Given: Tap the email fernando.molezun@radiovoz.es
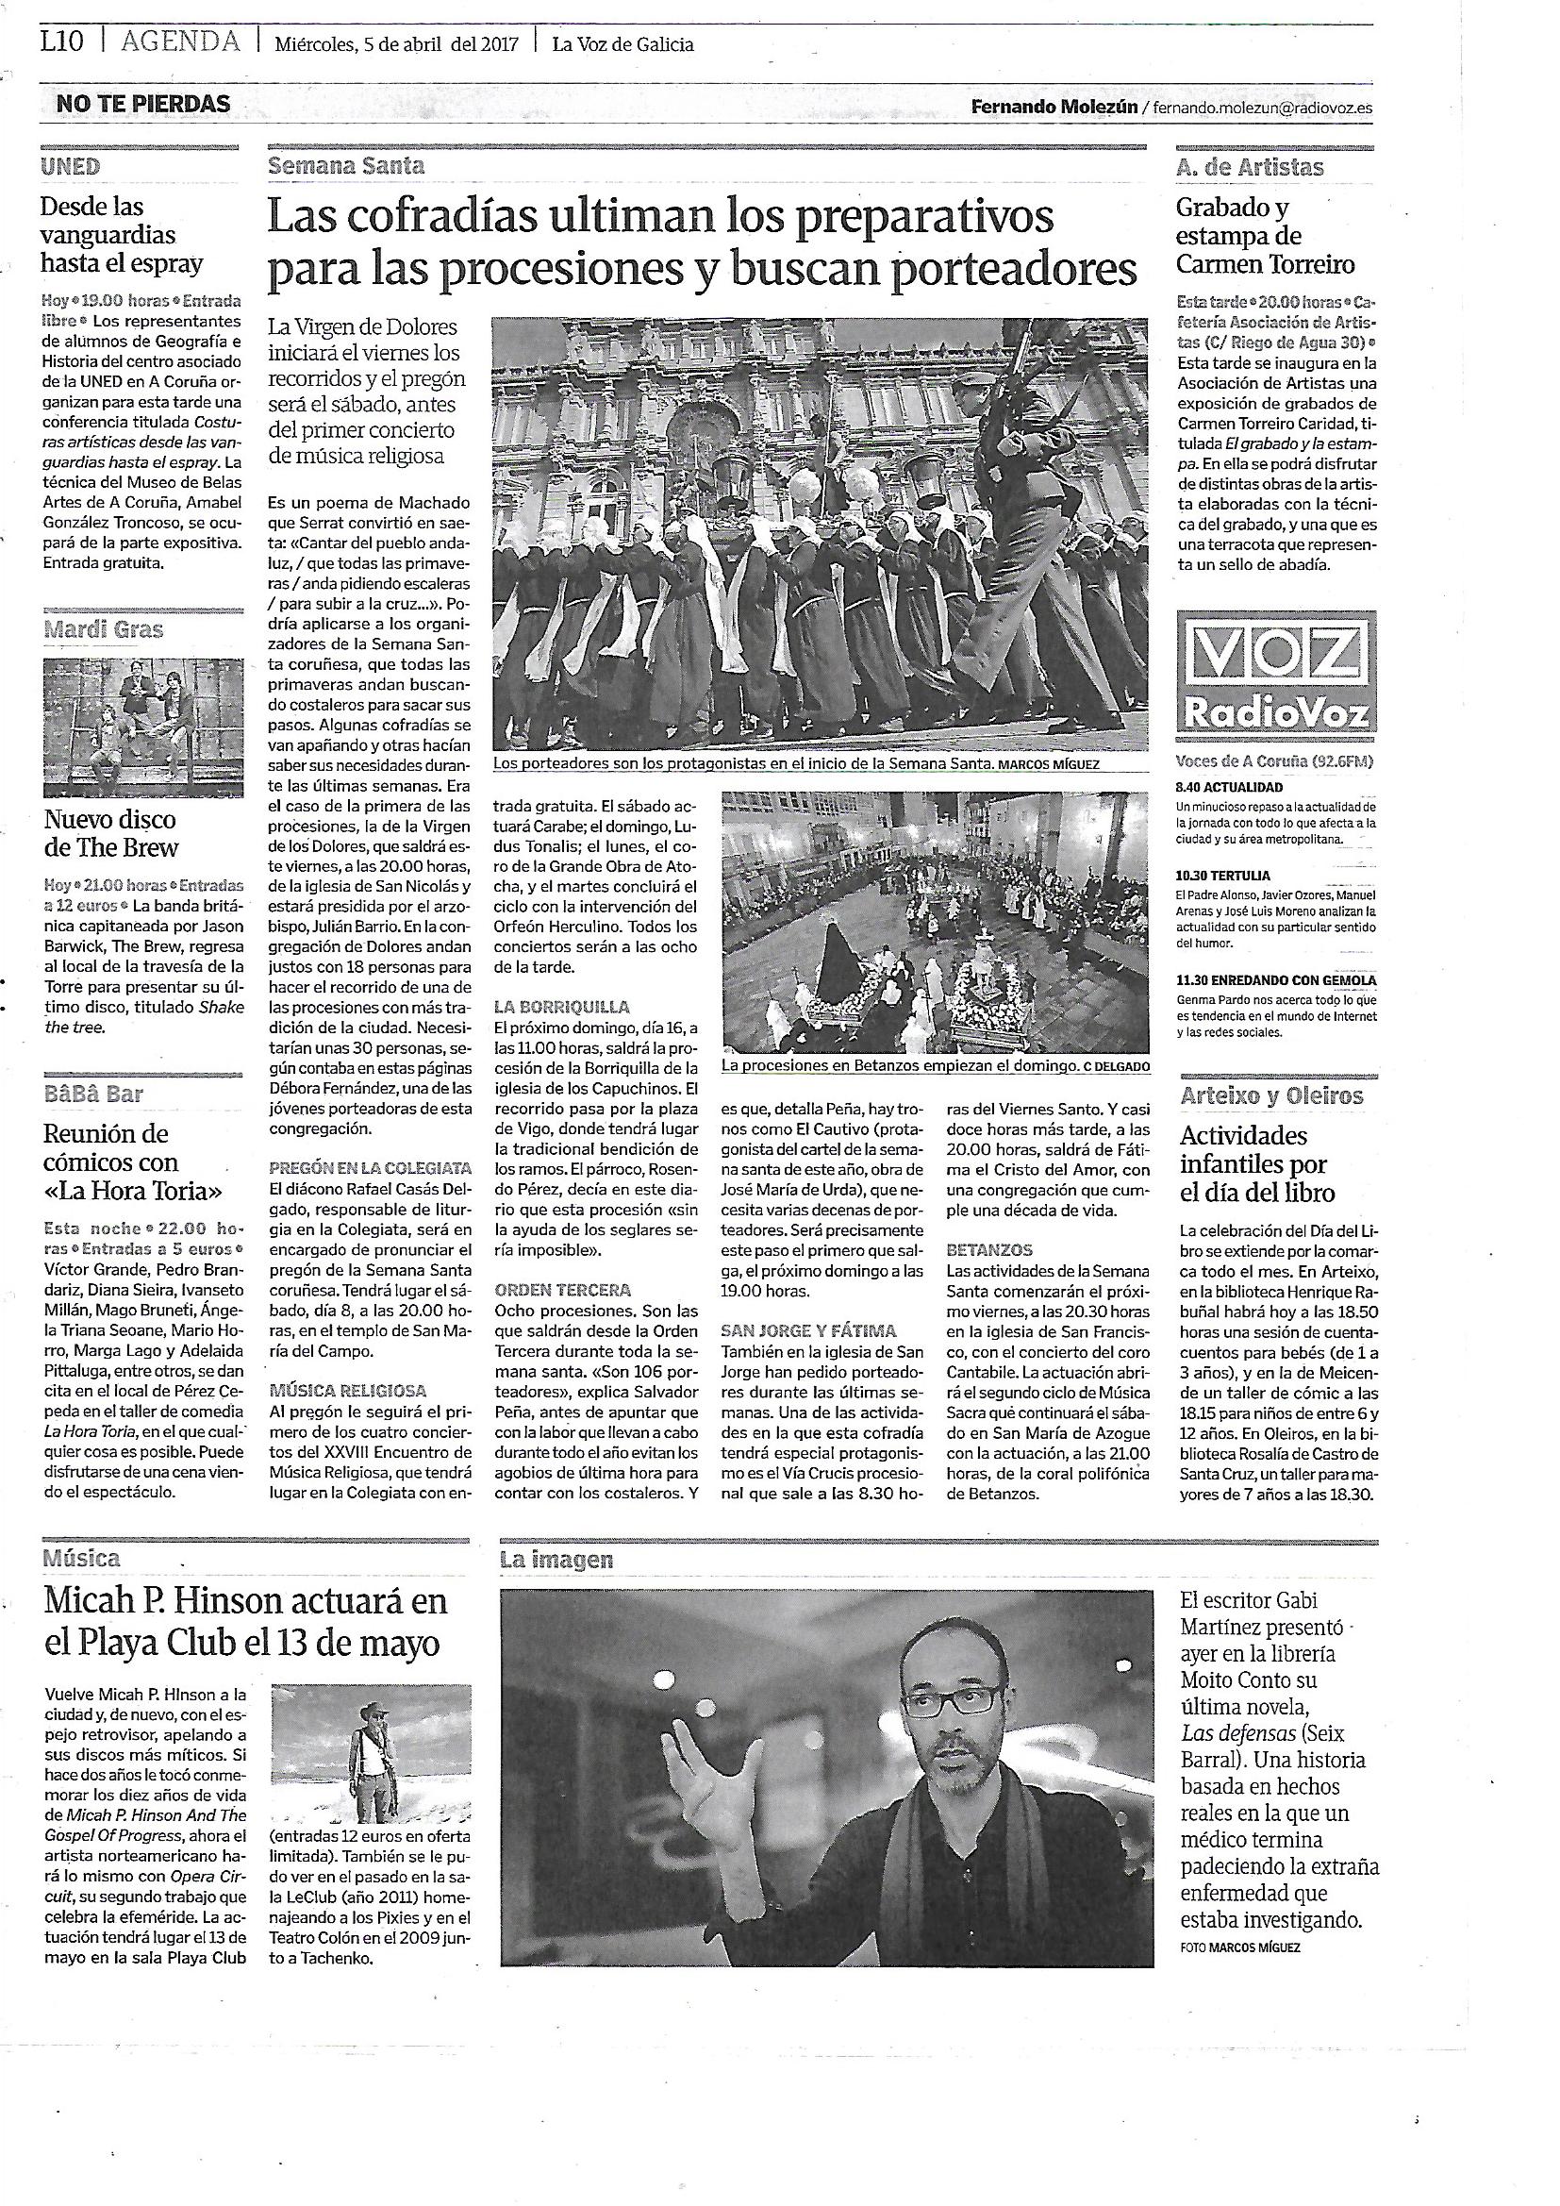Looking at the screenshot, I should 1262,109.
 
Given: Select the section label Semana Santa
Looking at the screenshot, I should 346,165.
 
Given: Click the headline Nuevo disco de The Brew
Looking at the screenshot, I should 111,833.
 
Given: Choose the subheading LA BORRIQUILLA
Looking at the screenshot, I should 561,1007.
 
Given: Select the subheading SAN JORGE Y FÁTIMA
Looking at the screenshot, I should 809,1330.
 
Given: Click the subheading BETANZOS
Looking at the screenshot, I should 989,1250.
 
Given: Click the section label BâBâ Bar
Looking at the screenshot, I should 93,1094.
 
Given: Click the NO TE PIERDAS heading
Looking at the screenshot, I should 143,104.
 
